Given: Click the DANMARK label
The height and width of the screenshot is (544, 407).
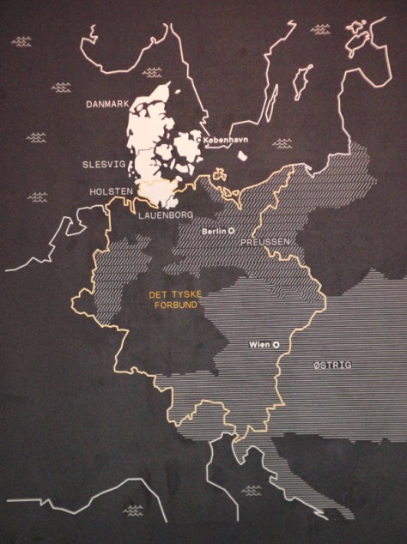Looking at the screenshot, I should click(x=106, y=105).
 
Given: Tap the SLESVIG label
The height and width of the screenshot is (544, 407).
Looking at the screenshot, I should click(x=103, y=162).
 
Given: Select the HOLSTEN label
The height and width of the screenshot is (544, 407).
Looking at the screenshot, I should click(x=110, y=190).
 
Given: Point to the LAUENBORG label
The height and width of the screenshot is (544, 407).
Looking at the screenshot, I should click(x=166, y=215).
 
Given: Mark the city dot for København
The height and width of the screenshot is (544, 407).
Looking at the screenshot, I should click(x=199, y=137).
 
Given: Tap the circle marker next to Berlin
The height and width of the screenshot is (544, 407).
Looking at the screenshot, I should click(x=231, y=232).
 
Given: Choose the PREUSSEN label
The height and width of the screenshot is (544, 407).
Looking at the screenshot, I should click(x=265, y=243).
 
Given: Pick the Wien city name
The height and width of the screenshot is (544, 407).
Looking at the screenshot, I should click(x=258, y=345).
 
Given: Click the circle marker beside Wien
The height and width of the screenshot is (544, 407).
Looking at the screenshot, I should click(x=276, y=345).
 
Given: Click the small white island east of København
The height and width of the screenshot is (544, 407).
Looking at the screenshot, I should click(x=243, y=157).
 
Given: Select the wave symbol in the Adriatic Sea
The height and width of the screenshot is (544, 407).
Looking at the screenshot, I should click(x=252, y=491).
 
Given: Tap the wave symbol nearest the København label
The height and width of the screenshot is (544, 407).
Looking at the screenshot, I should click(x=282, y=144).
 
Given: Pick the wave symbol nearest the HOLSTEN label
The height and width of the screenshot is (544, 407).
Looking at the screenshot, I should click(x=37, y=196).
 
